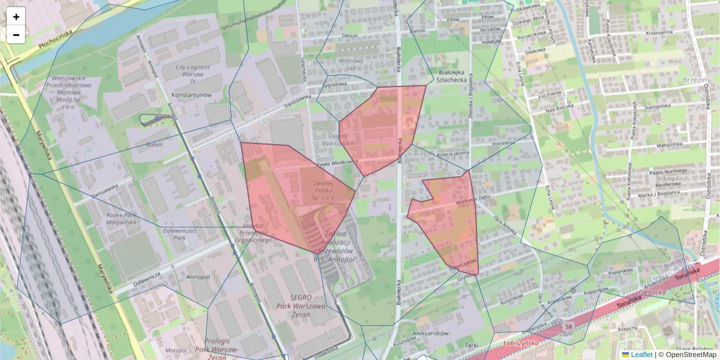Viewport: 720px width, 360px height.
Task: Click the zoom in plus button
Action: [x=16, y=17]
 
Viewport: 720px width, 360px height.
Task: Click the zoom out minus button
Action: [x=16, y=35]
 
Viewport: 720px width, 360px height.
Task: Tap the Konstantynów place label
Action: [x=191, y=95]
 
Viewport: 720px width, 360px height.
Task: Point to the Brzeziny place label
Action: [x=697, y=79]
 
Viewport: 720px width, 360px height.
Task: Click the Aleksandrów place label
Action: [x=431, y=332]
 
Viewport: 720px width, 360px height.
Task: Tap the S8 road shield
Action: [x=568, y=326]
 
